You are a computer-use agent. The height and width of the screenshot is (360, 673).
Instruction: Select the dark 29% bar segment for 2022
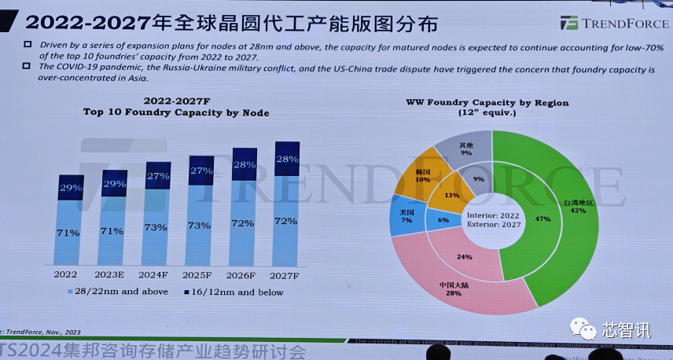tap(71, 188)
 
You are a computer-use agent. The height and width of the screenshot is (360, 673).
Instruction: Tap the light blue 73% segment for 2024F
tap(156, 228)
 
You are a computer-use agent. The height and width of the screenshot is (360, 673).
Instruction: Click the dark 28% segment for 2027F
tap(286, 160)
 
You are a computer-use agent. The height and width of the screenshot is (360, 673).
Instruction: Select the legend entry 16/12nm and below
tap(233, 292)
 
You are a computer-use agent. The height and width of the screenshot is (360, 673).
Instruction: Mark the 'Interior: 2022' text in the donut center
tap(493, 214)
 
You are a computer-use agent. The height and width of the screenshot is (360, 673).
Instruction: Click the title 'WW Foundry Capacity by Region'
tap(487, 103)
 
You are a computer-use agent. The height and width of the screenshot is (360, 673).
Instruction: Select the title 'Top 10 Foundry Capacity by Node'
tap(176, 113)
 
